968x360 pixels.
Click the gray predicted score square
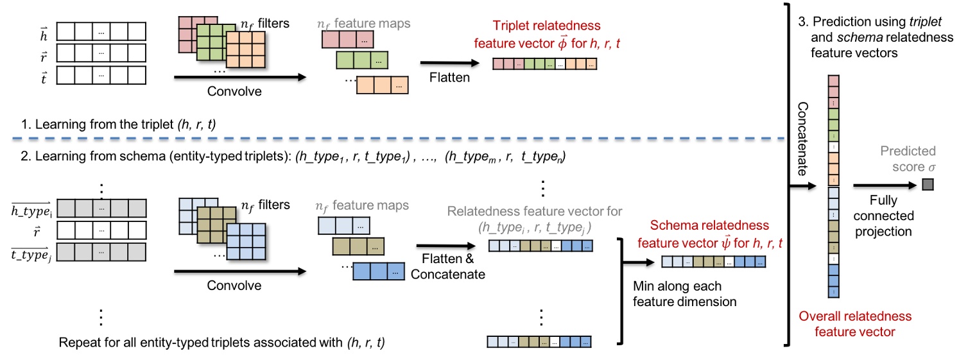click(928, 185)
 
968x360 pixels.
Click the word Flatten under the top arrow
click(449, 78)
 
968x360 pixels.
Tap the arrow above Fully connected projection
click(885, 185)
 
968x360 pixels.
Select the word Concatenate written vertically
click(802, 139)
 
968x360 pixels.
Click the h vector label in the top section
click(44, 34)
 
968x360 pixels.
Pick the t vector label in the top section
click(44, 78)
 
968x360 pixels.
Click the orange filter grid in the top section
click(245, 49)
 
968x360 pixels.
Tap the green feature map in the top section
click(362, 60)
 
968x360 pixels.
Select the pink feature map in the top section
click(347, 40)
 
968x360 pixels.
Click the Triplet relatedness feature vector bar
click(544, 64)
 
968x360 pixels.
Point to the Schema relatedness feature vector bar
click(713, 261)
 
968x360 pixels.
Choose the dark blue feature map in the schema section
click(379, 271)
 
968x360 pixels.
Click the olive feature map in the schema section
click(358, 246)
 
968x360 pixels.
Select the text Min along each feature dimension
click(684, 294)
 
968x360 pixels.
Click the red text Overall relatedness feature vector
click(855, 323)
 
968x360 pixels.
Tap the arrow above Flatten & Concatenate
click(445, 246)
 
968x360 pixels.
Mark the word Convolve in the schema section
click(234, 285)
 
